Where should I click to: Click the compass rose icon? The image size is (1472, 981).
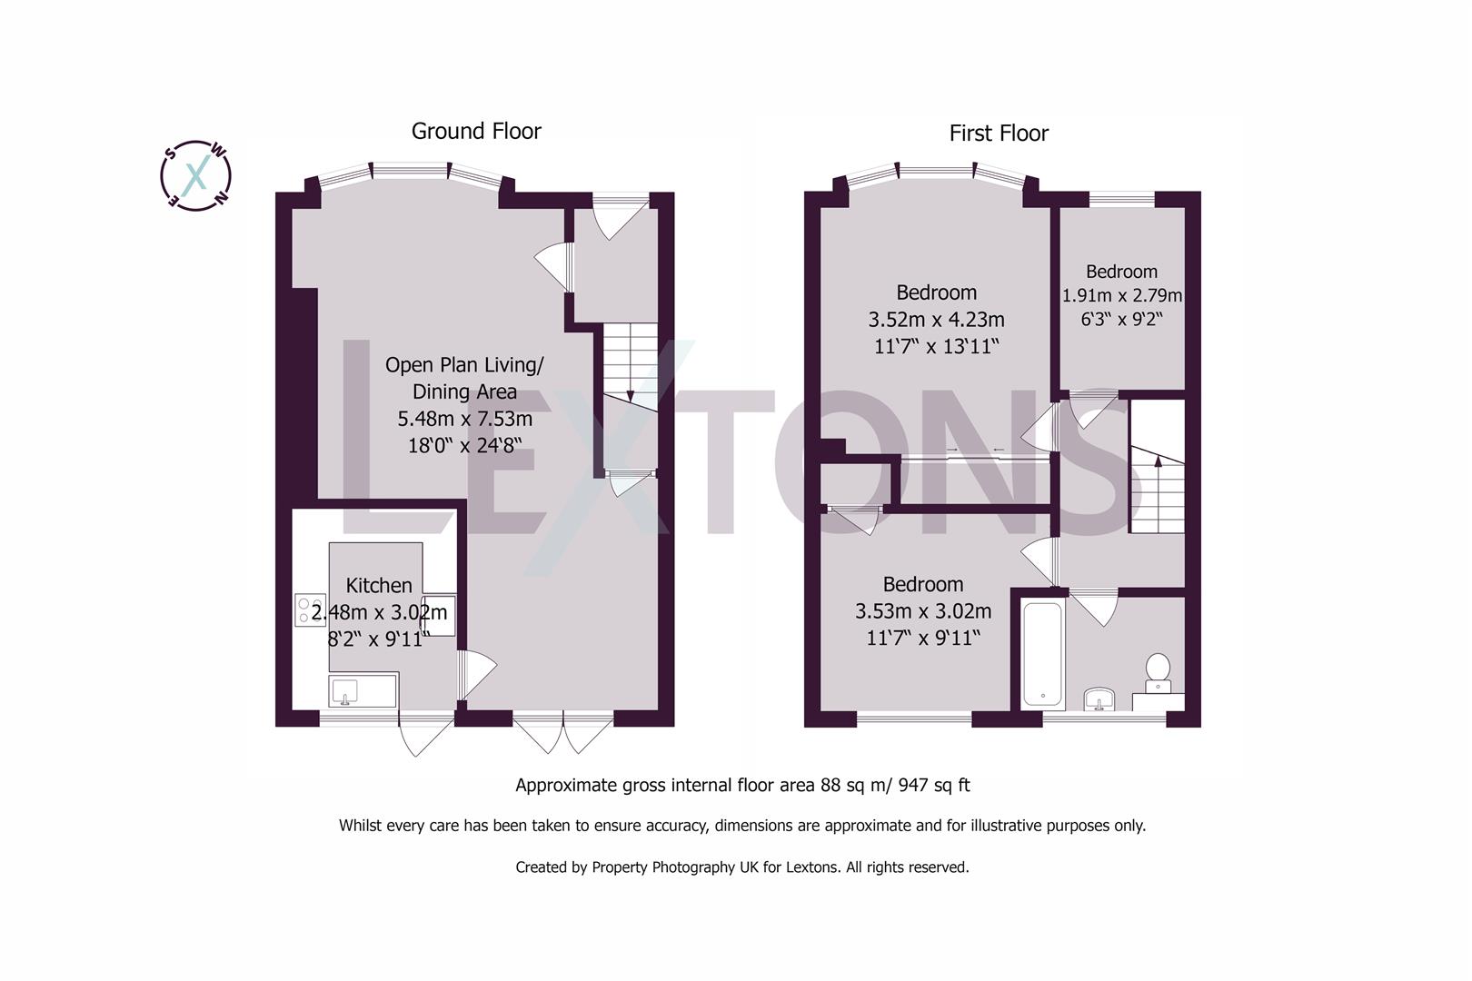195,174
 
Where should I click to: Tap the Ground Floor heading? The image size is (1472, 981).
476,131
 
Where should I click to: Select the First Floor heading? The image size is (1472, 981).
999,134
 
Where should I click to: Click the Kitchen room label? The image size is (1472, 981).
379,586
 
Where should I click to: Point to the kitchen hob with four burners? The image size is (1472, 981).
311,609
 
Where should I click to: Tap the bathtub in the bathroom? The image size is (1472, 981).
1043,654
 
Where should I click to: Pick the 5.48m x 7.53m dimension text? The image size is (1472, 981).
464,419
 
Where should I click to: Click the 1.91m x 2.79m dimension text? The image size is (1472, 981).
1122,295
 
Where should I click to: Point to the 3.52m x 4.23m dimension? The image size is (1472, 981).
936,320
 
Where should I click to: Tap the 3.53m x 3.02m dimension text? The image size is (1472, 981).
923,611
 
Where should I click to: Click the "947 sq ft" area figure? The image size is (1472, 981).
933,785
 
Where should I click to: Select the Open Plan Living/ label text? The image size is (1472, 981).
464,365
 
